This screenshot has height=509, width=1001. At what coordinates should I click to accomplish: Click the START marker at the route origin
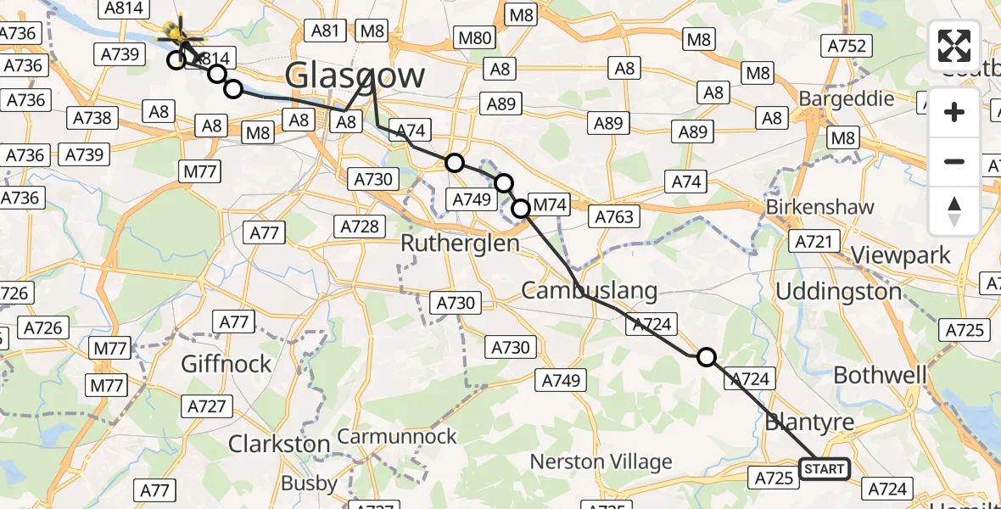[824, 469]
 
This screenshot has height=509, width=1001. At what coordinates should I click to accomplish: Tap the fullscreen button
[954, 46]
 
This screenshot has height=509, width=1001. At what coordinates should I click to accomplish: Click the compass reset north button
[954, 211]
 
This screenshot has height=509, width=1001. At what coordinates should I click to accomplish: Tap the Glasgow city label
[355, 76]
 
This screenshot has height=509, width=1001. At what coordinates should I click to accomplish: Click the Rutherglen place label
[459, 243]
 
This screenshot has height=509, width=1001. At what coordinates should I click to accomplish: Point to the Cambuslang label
[589, 291]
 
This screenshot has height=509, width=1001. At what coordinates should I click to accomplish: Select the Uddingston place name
[839, 292]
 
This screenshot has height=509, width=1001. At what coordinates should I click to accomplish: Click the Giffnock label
[226, 364]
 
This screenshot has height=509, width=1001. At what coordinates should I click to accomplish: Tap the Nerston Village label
[601, 462]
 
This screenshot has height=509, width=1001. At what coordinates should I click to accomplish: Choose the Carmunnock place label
[397, 437]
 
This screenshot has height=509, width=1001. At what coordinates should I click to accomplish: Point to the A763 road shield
[613, 216]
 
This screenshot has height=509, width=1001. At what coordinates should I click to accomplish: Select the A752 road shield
[846, 47]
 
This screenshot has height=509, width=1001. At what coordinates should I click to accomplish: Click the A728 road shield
[359, 227]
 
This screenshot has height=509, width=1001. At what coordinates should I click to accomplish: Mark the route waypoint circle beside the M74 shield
[520, 207]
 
